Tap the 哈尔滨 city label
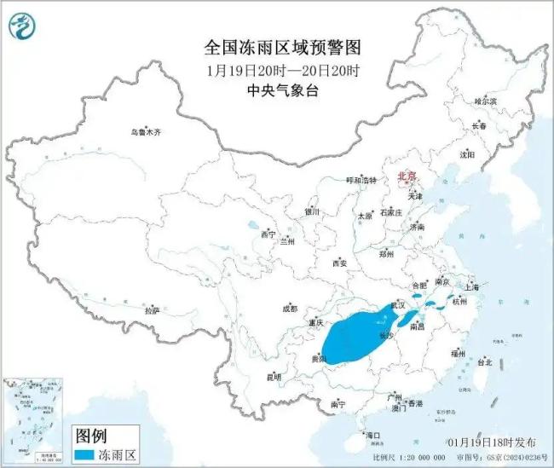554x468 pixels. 483,101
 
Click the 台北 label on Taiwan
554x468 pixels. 483,362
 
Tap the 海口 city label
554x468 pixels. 372,435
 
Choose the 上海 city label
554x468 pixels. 473,287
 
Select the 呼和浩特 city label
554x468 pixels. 360,180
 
